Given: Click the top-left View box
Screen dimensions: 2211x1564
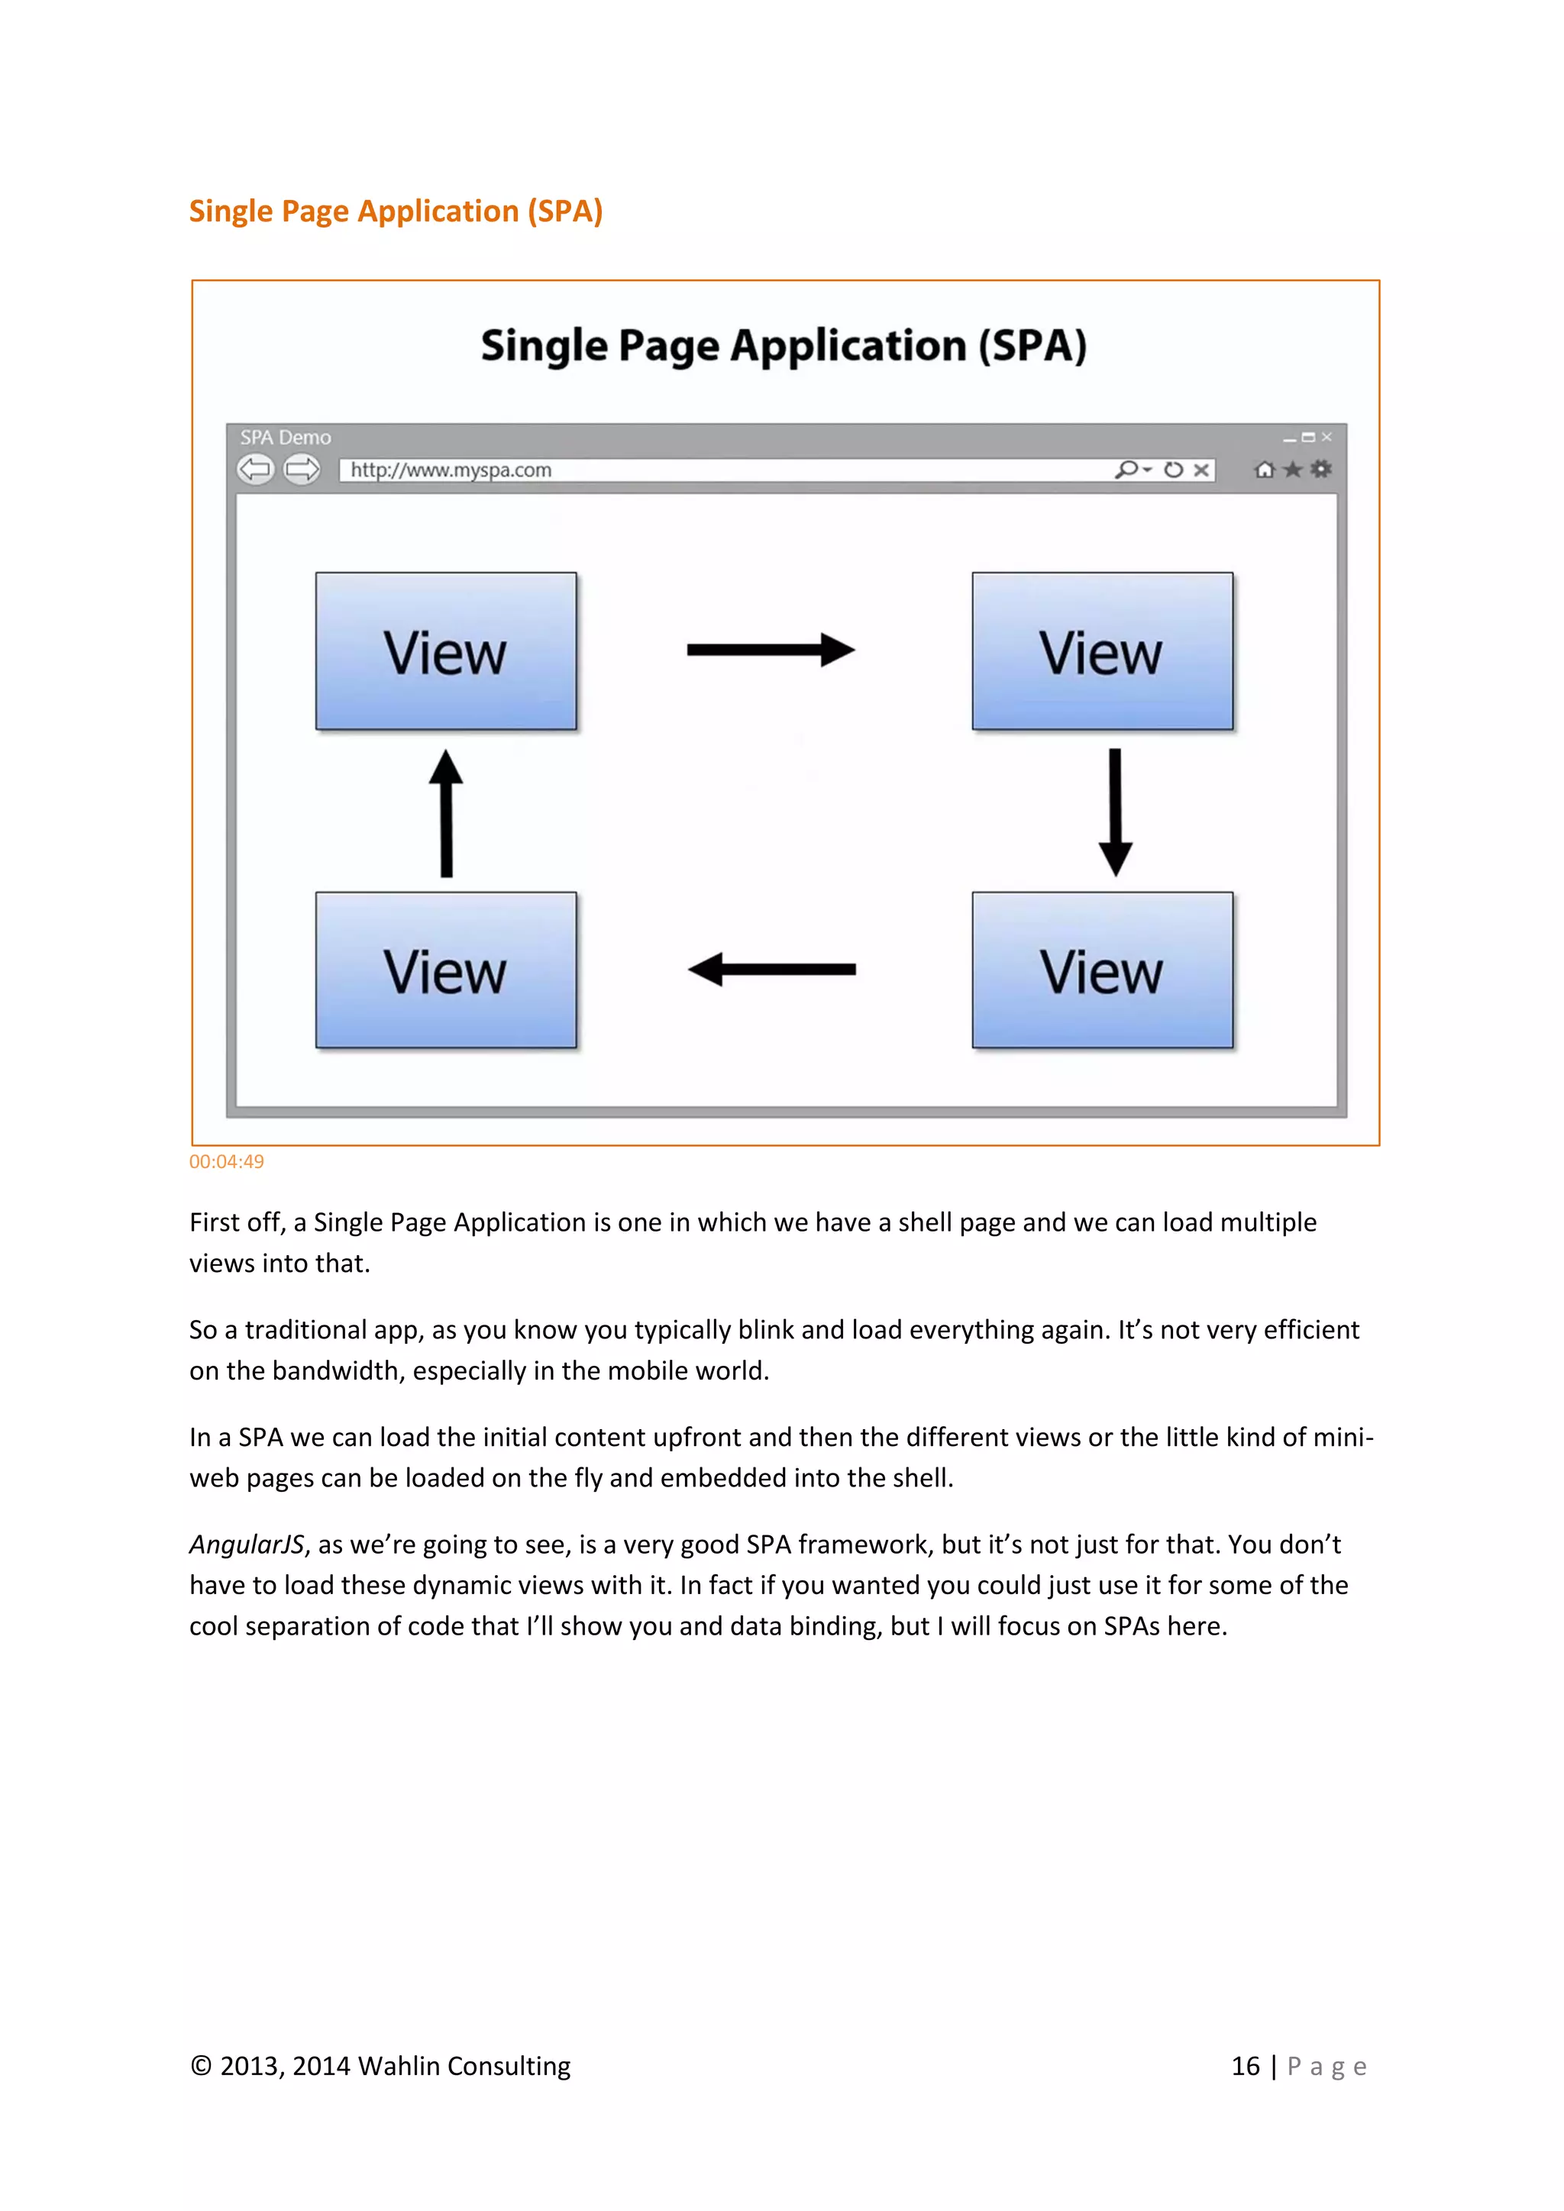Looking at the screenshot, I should [x=446, y=651].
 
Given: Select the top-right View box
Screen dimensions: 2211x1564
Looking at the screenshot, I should [x=1102, y=651].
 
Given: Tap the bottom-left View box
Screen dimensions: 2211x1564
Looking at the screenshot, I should [x=446, y=970].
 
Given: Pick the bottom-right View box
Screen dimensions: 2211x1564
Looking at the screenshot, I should [x=1102, y=970].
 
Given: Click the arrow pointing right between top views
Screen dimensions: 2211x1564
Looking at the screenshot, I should [x=771, y=650].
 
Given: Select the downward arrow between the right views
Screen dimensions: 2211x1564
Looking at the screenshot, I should [x=1115, y=812].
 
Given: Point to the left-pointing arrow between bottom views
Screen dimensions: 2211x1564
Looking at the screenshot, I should [x=771, y=969].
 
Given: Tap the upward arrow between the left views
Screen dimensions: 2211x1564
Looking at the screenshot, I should [x=446, y=814].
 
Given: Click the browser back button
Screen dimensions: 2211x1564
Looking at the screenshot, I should [x=255, y=470].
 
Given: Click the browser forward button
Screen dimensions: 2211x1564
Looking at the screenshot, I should [x=302, y=470].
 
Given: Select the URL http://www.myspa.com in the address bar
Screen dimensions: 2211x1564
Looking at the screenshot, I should [x=451, y=470].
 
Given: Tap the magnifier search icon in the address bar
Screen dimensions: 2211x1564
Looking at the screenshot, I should [x=1126, y=469].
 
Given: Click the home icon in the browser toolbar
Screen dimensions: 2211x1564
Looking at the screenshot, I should [x=1265, y=470].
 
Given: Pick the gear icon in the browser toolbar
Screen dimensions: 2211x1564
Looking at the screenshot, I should [x=1321, y=469].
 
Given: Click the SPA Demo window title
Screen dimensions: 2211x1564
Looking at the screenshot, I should [x=285, y=437].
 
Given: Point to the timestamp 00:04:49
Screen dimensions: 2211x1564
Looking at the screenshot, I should [x=226, y=1161].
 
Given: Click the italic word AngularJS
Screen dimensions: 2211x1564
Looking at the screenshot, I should [x=247, y=1544].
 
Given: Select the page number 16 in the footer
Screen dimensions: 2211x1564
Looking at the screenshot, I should [x=1246, y=2067].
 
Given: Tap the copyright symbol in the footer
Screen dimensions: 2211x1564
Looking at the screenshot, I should [x=200, y=2067].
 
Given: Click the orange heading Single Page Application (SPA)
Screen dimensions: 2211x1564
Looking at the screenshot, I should [x=396, y=211].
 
